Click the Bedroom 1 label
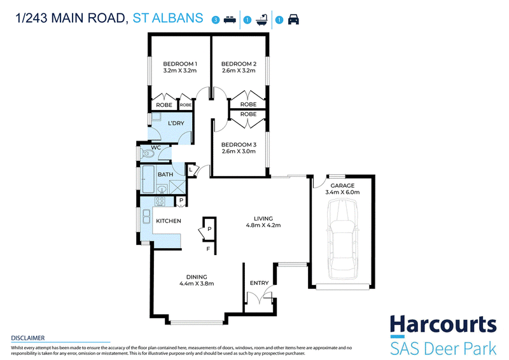pos(180,64)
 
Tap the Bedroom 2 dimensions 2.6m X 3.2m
pos(239,71)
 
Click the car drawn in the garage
pos(343,239)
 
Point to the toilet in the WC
pos(148,153)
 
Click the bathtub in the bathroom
pos(148,179)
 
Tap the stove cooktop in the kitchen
pos(160,201)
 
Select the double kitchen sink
pos(146,217)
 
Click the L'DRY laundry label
pos(176,123)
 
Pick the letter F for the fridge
pos(209,249)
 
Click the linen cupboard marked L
pos(190,170)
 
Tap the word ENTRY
pos(259,283)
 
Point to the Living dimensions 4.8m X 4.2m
pos(263,225)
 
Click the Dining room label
pos(197,277)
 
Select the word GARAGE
pos(342,186)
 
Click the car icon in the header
pos(293,20)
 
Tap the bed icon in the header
pos(230,20)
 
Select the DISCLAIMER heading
pos(28,338)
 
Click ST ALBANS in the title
pos(168,18)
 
